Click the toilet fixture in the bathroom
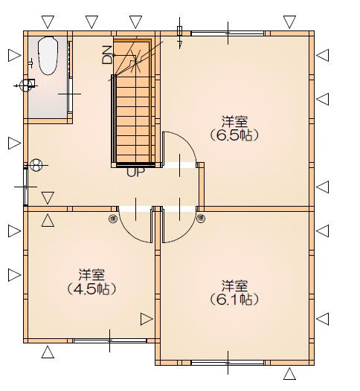(48, 55)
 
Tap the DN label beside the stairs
(107, 55)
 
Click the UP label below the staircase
(135, 172)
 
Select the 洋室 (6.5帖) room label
(234, 129)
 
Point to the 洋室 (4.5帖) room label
(91, 282)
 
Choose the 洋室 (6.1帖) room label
(234, 293)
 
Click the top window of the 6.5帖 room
(228, 33)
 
